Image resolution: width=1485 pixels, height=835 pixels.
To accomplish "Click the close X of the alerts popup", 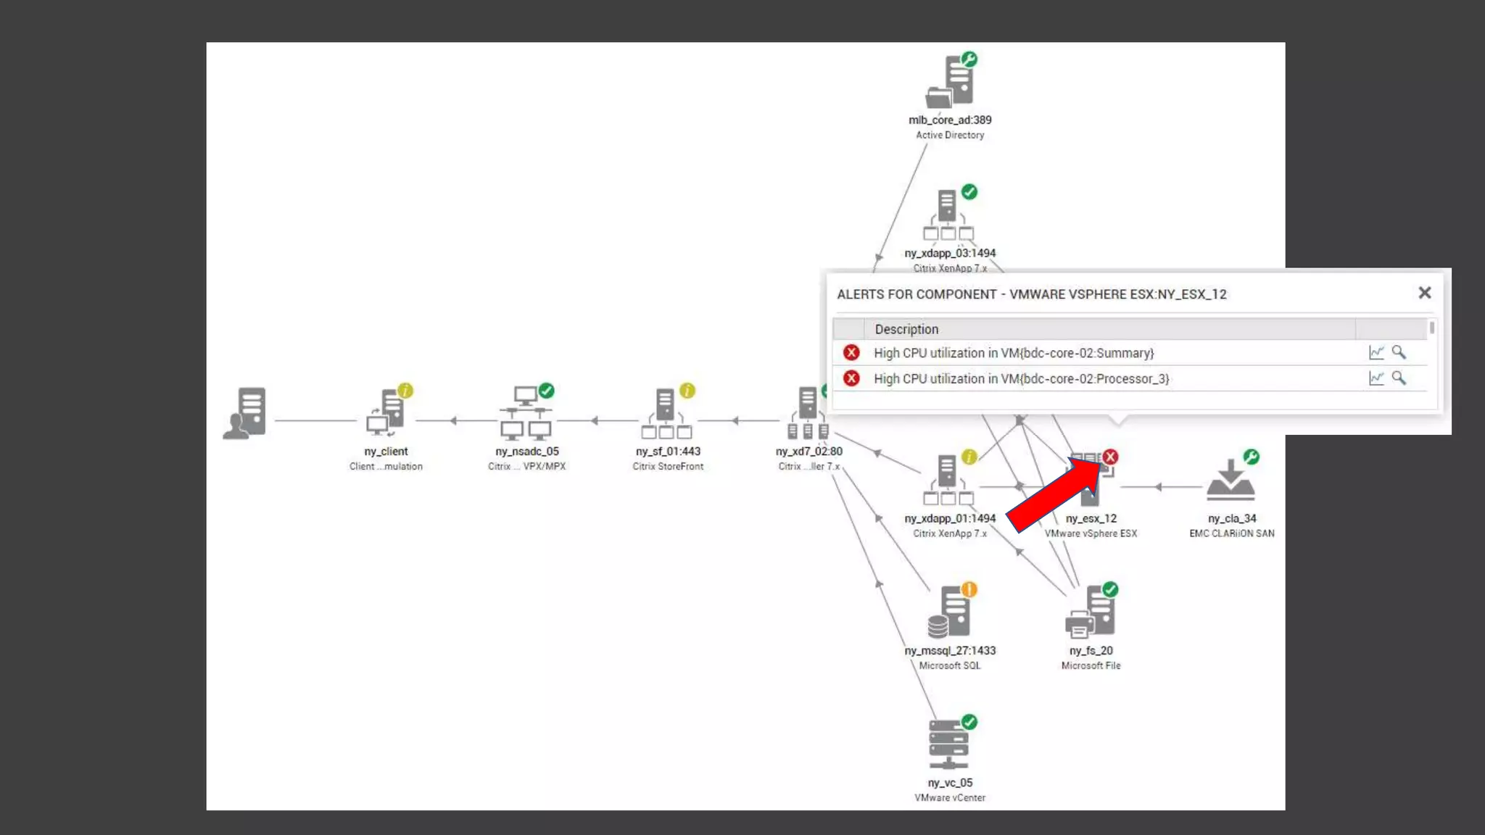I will pos(1424,293).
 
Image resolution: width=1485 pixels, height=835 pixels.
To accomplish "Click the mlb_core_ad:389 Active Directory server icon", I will pos(950,83).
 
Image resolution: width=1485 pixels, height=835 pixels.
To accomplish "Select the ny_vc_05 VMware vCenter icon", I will pos(948,744).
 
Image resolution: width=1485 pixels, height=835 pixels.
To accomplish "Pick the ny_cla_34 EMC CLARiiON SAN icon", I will pos(1230,481).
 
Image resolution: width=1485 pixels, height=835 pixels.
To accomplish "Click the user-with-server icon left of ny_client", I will pos(245,414).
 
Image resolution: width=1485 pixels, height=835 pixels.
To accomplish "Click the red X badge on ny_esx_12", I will pos(1110,457).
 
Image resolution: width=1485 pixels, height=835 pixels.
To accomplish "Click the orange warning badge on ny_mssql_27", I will pos(969,589).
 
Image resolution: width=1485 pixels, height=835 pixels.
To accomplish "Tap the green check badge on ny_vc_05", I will pos(969,722).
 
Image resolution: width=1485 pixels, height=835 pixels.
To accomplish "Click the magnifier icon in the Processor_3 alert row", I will pos(1399,378).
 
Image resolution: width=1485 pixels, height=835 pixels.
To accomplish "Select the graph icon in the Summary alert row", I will pos(1376,352).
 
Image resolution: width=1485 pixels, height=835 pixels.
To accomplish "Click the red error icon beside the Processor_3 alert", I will pos(851,378).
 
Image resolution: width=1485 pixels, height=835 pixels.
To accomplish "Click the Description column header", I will pos(906,329).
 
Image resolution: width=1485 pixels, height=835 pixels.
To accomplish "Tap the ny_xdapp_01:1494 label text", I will pos(950,518).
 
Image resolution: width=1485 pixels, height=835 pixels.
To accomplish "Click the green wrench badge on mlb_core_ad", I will pos(969,59).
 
